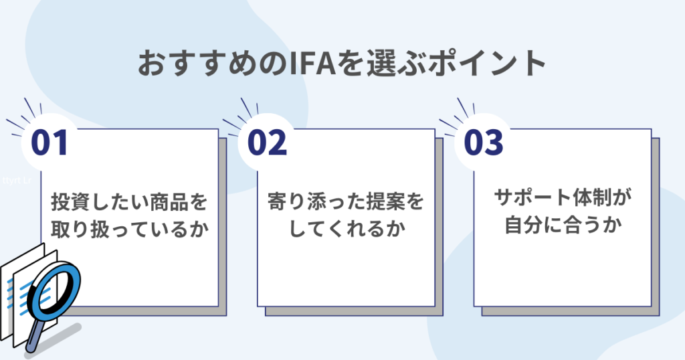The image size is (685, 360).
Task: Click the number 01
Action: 50,143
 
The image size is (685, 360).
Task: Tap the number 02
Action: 267,143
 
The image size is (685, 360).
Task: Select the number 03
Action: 483,143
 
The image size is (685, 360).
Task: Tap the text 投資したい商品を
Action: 129,201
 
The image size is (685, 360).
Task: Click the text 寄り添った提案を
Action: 345,201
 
